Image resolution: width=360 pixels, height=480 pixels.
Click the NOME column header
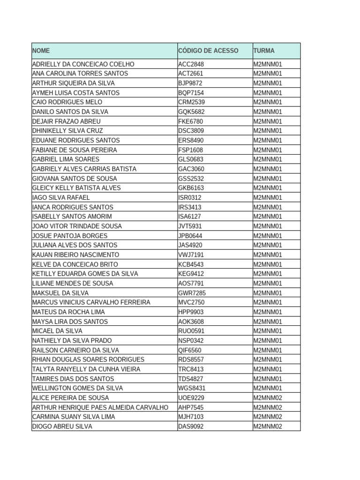point(41,51)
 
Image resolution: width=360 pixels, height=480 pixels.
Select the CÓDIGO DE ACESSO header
point(208,51)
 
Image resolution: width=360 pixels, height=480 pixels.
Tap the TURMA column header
point(264,51)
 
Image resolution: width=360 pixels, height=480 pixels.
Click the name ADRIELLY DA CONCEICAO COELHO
point(83,64)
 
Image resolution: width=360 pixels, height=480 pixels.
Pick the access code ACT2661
point(191,74)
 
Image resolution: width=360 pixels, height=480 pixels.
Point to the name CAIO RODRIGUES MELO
point(67,102)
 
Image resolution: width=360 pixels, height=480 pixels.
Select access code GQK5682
point(191,112)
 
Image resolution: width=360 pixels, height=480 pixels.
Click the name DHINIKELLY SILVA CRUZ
point(67,131)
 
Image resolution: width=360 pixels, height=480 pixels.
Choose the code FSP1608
point(191,150)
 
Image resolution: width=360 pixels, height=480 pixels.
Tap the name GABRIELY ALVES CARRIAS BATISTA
point(84,169)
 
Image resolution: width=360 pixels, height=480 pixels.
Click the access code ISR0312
point(190,197)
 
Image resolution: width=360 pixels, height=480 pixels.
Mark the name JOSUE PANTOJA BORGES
point(70,236)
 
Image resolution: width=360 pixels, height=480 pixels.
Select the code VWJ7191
point(191,255)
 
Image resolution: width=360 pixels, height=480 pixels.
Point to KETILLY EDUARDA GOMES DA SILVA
point(85,274)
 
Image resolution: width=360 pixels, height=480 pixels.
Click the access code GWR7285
point(192,293)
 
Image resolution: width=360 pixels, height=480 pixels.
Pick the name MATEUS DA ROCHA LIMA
point(68,312)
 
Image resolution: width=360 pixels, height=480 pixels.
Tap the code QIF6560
point(190,350)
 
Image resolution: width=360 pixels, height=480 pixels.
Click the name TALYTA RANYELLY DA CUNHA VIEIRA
point(86,369)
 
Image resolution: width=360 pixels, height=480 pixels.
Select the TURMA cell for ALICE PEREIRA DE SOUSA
point(268,398)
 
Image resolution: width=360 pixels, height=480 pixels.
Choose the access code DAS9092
point(191,427)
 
